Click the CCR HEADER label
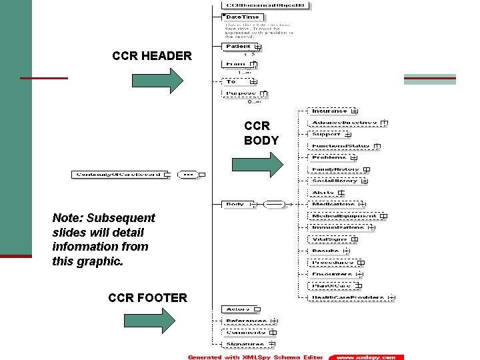[152, 56]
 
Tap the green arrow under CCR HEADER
[157, 80]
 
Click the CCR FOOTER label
[147, 297]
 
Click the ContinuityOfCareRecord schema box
[118, 175]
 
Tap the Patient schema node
[239, 47]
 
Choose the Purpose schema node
[241, 94]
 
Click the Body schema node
[235, 204]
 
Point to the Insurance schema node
[330, 111]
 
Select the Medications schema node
[333, 204]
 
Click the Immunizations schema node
[338, 227]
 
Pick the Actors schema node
[238, 309]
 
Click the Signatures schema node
[244, 344]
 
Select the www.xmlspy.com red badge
[365, 357]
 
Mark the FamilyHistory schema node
[336, 169]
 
